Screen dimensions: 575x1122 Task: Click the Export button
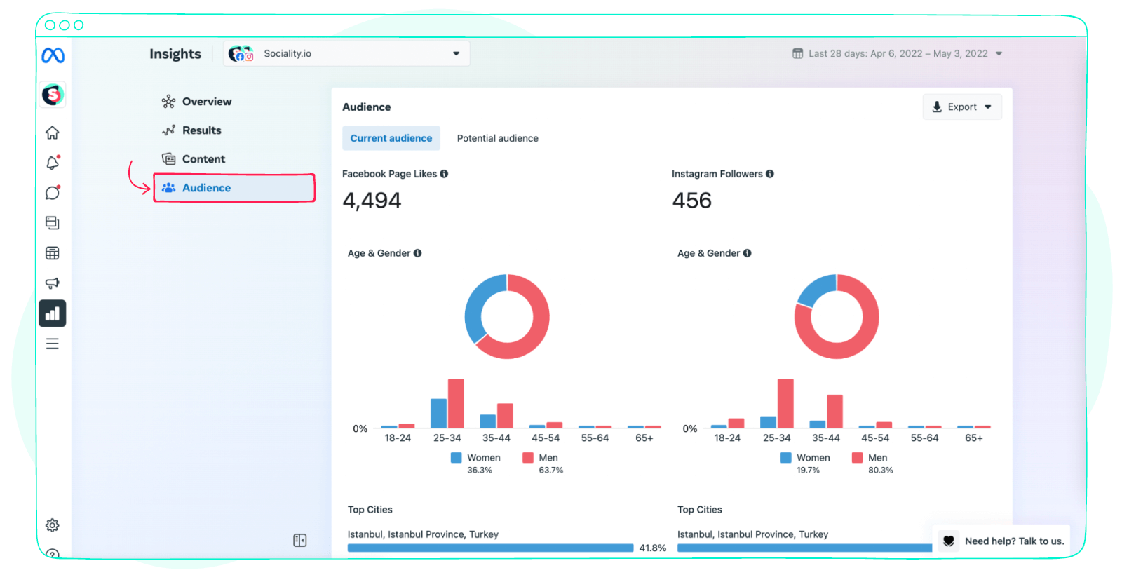coord(961,107)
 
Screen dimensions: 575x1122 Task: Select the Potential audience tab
coord(497,138)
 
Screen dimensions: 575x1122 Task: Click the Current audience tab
coord(391,138)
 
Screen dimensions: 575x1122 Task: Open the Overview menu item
coord(206,102)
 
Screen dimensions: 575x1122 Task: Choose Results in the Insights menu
coord(201,130)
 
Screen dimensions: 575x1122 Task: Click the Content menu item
coord(203,159)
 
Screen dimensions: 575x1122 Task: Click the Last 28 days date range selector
coord(897,53)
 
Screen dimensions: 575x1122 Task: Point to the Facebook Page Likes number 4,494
coord(372,201)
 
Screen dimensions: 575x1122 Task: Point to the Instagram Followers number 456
coord(691,201)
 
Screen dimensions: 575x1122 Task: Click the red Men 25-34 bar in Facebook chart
coord(456,403)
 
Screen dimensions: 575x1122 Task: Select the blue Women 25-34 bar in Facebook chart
coord(438,413)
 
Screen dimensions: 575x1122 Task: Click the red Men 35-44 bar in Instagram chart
coord(834,411)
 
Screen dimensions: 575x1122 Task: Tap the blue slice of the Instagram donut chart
coord(816,290)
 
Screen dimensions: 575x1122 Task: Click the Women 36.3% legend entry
coord(476,458)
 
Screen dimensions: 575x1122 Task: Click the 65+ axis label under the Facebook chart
coord(644,438)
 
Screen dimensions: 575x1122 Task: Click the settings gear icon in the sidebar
coord(53,525)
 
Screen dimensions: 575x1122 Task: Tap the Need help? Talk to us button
coord(1003,541)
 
